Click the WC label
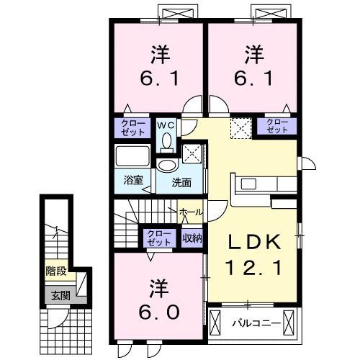(166, 124)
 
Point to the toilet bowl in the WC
(167, 141)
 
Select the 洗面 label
(181, 182)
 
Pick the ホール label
(191, 212)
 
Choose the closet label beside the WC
(132, 127)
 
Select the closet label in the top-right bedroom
(277, 127)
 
